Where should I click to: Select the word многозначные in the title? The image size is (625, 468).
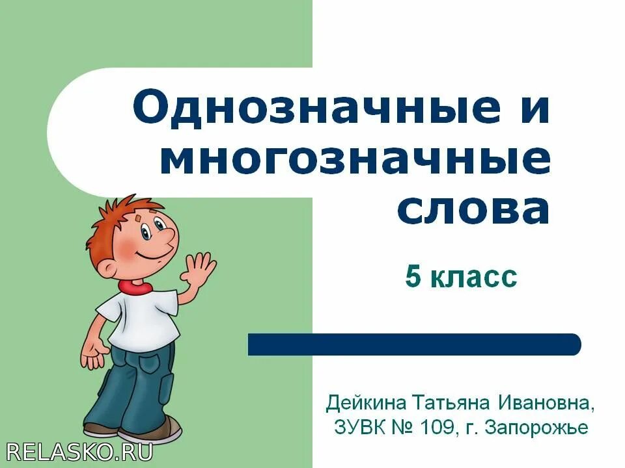coord(355,160)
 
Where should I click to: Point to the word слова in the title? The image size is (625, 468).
coord(473,209)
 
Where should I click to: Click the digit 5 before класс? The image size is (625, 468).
coord(412,278)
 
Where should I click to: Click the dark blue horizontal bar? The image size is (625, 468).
coord(414,344)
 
